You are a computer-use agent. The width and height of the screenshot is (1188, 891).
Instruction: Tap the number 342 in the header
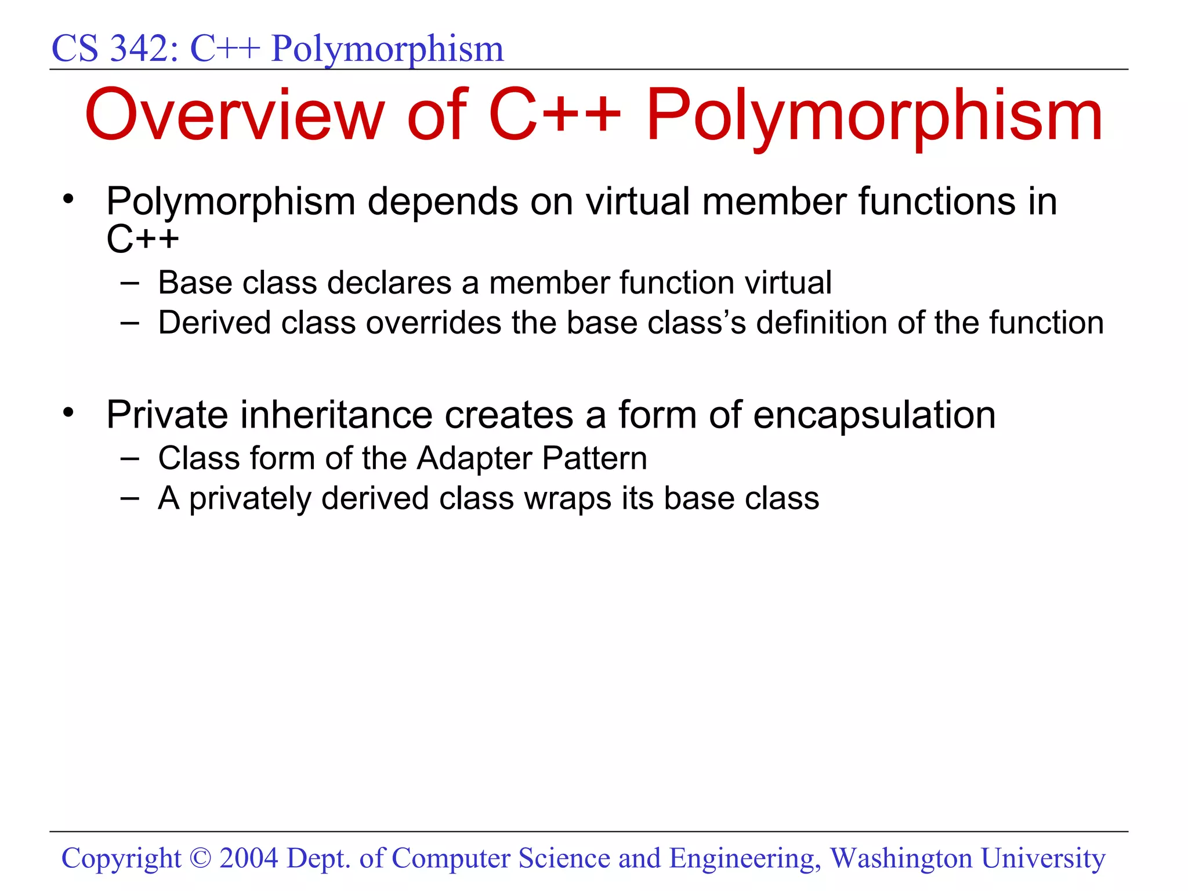[140, 49]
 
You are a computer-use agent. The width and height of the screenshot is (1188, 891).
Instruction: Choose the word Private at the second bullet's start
[167, 415]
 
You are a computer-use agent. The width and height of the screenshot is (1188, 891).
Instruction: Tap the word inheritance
[336, 415]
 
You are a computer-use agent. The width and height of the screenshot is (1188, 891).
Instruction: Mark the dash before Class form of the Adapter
[130, 459]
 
